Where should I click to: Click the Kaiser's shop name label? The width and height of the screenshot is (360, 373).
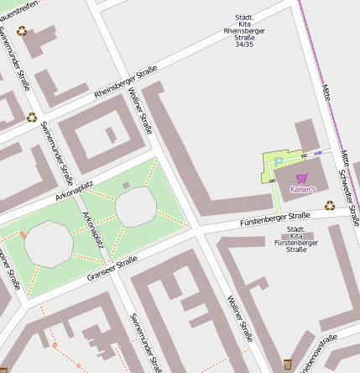click(303, 190)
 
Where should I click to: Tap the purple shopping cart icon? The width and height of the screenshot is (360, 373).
click(302, 178)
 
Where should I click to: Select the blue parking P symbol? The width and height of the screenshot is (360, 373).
click(279, 160)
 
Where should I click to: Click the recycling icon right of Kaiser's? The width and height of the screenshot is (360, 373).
click(330, 203)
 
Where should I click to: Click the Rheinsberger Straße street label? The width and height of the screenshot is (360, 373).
click(125, 82)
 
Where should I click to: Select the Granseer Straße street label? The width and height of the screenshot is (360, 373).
click(112, 269)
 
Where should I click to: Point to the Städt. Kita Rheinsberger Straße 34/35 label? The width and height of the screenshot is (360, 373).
click(244, 30)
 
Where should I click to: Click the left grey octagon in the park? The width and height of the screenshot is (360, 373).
click(50, 243)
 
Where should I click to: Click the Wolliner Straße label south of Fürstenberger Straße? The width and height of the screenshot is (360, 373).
click(239, 320)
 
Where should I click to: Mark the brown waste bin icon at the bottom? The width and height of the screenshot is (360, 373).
click(288, 363)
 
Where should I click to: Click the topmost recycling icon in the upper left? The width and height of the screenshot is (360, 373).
click(21, 31)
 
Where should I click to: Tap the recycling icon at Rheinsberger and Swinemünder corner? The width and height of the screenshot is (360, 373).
click(32, 118)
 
